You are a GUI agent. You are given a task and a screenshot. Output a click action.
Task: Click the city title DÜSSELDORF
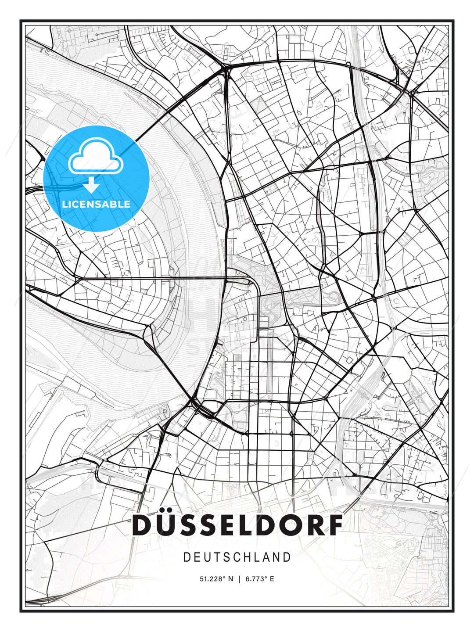point(237,525)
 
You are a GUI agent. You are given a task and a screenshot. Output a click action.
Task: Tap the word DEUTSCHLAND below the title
point(237,557)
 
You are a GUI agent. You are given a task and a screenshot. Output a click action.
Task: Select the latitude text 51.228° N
point(216,579)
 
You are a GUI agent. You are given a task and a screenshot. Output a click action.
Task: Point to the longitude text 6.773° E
point(260,579)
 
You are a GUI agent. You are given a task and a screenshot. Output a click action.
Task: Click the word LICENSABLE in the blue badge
point(96,204)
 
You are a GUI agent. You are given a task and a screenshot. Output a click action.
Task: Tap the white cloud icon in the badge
point(95,157)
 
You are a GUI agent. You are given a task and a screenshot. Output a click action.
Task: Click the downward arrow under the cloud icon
point(91,186)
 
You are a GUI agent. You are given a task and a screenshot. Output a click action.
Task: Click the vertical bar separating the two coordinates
point(239,579)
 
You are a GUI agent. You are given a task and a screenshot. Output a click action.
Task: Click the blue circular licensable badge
point(97,178)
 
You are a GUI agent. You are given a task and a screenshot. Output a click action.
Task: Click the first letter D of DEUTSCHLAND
point(187,557)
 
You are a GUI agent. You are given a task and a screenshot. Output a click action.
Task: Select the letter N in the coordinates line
point(231,579)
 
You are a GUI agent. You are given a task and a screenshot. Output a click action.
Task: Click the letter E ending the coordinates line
point(272,579)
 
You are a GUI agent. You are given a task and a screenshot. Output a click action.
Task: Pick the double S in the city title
point(206,525)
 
